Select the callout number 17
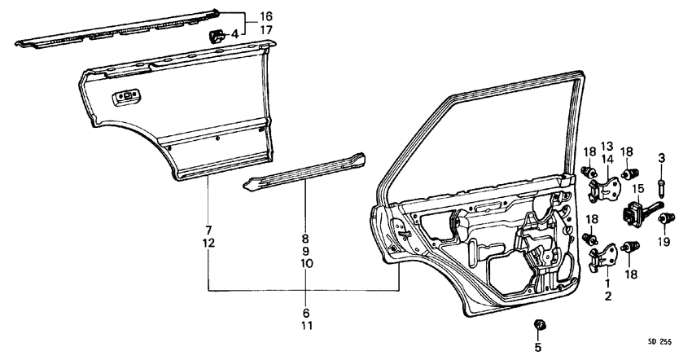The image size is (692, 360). (266, 30)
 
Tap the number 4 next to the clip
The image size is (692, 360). (234, 34)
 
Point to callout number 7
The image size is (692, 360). (208, 230)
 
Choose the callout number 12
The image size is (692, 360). (208, 244)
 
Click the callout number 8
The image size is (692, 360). (305, 239)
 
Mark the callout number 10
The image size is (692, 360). (305, 265)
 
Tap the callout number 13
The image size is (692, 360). (607, 147)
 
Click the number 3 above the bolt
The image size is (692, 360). (662, 156)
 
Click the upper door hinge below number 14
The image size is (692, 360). (602, 187)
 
